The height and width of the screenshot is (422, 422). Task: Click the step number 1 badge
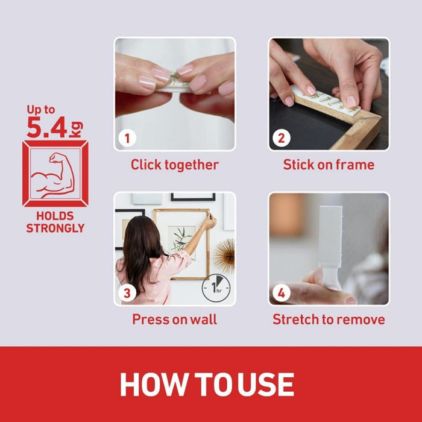[x=127, y=138]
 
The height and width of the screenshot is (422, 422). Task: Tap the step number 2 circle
[x=282, y=138]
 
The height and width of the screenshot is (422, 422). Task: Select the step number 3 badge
[x=127, y=293]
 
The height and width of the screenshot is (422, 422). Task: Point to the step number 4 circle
[x=282, y=293]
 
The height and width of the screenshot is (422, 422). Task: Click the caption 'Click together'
[x=175, y=165]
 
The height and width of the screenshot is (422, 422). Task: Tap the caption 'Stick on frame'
[x=329, y=165]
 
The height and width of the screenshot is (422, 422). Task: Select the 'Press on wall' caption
[x=174, y=320]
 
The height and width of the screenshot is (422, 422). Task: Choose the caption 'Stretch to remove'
[x=329, y=320]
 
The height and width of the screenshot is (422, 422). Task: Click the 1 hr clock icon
[x=216, y=288]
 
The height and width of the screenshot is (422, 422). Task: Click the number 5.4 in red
[x=47, y=127]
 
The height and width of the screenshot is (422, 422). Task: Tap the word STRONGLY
[x=55, y=228]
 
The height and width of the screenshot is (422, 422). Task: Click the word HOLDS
[x=55, y=216]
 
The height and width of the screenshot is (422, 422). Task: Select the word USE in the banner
[x=266, y=385]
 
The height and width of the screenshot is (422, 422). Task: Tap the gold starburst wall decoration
[x=225, y=255]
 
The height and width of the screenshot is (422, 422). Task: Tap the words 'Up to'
[x=40, y=110]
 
